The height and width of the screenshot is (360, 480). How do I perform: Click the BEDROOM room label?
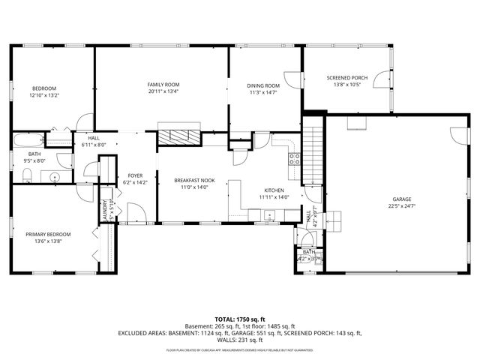coord(43,88)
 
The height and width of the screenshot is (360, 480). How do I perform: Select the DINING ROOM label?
coord(262,85)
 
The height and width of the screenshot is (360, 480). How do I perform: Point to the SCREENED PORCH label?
coord(347,77)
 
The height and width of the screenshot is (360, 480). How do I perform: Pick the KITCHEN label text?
coord(273,190)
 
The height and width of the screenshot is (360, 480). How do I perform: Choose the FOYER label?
coord(135,175)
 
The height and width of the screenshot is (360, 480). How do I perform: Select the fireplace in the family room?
coord(179,135)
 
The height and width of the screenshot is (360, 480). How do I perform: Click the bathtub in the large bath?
coord(28,139)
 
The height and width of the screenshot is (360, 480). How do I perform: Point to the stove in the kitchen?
coord(295,158)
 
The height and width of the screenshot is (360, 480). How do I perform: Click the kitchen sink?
coord(268,216)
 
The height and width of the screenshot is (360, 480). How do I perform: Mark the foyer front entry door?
coord(135,217)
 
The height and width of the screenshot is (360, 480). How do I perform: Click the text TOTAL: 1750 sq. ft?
coord(239,319)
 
